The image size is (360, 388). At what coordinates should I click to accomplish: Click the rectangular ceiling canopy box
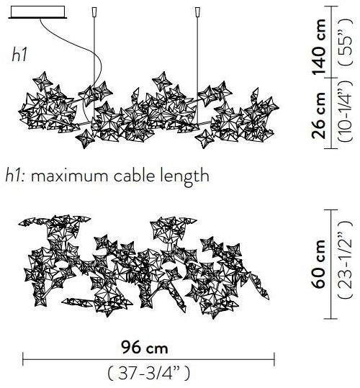pos(37,12)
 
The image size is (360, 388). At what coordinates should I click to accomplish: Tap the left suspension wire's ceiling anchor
pos(94,12)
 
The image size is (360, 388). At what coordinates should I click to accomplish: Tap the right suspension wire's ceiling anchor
pos(197,12)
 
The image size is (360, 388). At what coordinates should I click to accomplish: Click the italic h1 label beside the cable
pos(19,55)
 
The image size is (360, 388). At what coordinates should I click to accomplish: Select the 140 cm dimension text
pos(319,47)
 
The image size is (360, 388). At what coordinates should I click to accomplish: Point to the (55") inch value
pos(345,42)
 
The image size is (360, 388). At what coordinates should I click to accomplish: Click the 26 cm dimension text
pos(319,115)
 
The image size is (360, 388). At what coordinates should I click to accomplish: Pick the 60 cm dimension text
pos(319,264)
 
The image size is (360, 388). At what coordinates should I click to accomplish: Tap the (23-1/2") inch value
pos(345,260)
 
